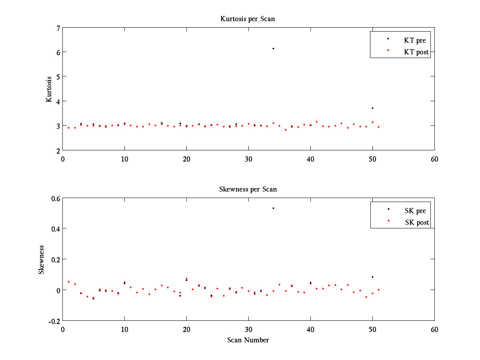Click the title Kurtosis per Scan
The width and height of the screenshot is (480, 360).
click(248, 19)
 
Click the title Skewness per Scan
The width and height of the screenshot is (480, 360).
click(248, 189)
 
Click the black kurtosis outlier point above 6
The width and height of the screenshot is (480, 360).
click(273, 48)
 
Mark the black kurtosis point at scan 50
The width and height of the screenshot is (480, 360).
click(372, 108)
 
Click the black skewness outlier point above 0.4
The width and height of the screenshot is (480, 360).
click(273, 208)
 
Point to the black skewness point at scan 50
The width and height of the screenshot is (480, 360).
click(372, 277)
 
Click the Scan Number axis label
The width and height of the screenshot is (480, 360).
click(248, 340)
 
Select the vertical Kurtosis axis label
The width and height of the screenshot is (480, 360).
click(49, 89)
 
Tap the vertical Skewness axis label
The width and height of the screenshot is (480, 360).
click(41, 259)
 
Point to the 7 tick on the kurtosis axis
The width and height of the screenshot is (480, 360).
click(58, 28)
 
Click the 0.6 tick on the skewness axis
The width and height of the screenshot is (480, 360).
click(55, 198)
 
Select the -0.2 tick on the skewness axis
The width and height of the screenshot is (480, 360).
click(54, 321)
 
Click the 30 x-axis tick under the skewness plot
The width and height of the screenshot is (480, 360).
click(248, 329)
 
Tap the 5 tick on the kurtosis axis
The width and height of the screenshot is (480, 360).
click(58, 76)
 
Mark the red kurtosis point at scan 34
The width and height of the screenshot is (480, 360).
click(273, 123)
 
